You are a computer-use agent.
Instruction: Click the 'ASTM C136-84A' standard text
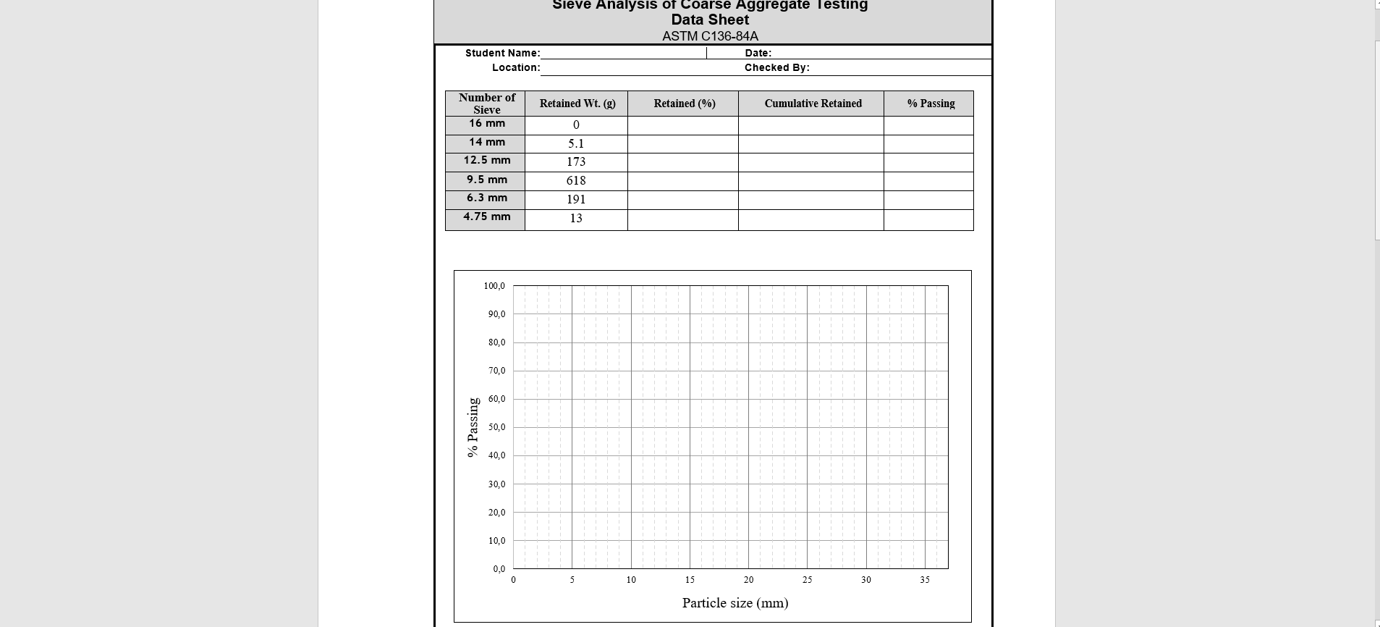click(710, 36)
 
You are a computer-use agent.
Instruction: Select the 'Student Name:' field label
click(502, 53)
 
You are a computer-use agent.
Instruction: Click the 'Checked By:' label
click(776, 67)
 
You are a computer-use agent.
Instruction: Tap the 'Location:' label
click(516, 67)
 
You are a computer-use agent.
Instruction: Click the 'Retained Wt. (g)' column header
click(577, 104)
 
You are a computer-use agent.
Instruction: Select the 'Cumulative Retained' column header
click(813, 104)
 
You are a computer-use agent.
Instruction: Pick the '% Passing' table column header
click(931, 104)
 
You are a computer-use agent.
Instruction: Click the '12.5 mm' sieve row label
click(486, 160)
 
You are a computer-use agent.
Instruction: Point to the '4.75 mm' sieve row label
click(486, 216)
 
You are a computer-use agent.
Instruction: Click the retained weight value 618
click(576, 180)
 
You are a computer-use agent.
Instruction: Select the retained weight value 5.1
click(576, 143)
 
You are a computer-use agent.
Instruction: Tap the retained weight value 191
click(576, 199)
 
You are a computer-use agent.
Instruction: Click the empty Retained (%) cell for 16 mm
click(682, 125)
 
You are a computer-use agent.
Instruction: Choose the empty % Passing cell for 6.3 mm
click(928, 200)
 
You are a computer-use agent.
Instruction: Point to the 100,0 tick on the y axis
click(494, 286)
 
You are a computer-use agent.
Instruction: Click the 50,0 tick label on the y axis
click(496, 427)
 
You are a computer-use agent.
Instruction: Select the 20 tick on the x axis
click(748, 580)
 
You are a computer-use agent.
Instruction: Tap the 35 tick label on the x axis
click(925, 580)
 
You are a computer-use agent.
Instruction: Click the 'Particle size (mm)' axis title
click(735, 603)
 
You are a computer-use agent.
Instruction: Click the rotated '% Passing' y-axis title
click(473, 427)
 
